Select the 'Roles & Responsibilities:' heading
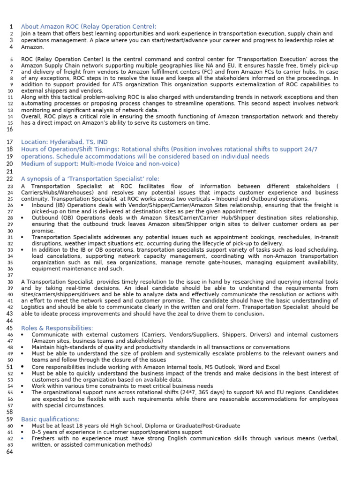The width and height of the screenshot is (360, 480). (57, 328)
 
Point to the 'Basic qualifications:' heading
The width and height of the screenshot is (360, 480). (50, 419)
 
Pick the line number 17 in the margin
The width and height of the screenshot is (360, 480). (10, 142)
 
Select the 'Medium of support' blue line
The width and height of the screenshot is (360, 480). (100, 164)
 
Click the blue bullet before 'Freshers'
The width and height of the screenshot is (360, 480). (23, 438)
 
